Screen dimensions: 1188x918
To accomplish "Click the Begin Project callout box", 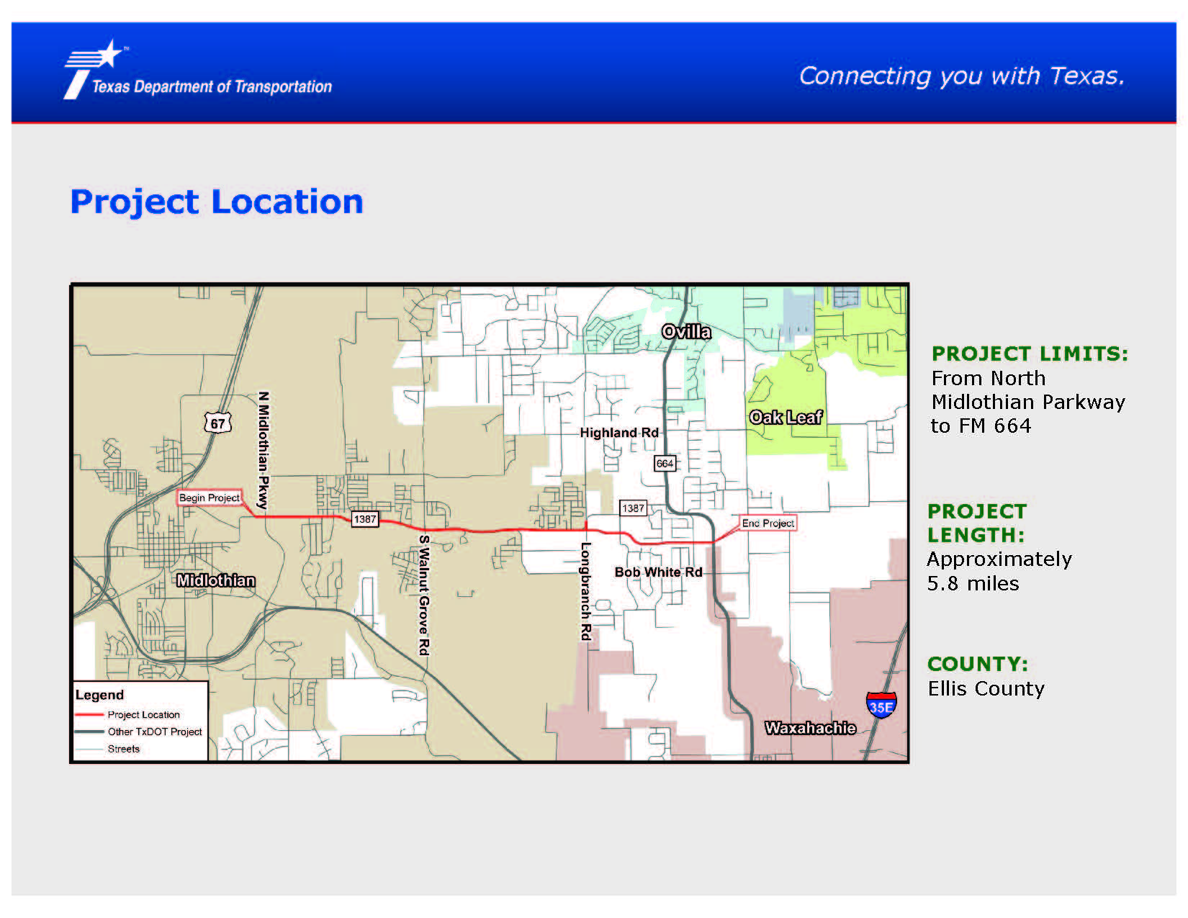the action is coord(210,498).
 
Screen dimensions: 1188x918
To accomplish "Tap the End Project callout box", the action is coord(768,523).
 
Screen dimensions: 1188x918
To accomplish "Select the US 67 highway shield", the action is coord(217,423).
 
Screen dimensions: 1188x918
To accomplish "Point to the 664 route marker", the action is coord(665,464).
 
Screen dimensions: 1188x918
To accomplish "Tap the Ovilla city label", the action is coord(686,332).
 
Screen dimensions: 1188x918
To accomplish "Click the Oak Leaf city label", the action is coord(786,417).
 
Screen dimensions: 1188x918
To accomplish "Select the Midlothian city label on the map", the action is coord(215,580).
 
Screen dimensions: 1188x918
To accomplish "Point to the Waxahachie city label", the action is coord(810,728).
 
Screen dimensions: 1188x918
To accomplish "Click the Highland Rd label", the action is coord(619,433).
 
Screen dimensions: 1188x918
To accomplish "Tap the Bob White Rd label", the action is coord(658,572).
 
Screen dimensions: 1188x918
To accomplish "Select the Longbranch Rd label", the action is coord(585,591).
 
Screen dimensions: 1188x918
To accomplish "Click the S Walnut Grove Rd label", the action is coord(423,595).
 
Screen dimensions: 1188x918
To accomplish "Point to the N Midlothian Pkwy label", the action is coord(263,450).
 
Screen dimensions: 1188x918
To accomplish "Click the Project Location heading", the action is coord(217,202).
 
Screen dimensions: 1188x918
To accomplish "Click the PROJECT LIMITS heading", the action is coord(1030,354).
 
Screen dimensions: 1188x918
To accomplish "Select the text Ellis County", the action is coord(986,688).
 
